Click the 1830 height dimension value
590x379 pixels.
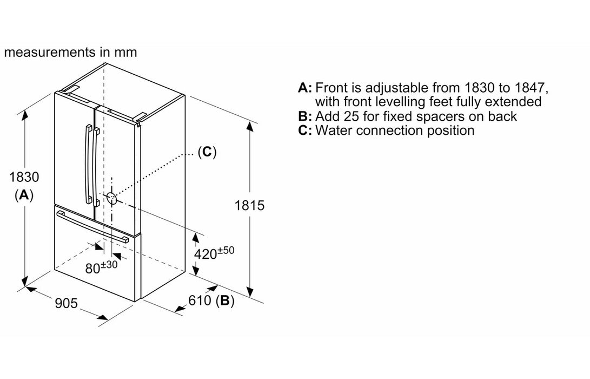pos(24,177)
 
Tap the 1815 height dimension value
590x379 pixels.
pos(249,206)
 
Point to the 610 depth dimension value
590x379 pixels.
pos(201,302)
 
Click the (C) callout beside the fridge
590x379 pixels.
pos(207,152)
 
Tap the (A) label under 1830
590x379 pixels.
pos(24,195)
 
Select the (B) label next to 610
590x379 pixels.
pos(225,302)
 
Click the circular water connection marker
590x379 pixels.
pos(111,198)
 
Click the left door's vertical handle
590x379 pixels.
pos(85,162)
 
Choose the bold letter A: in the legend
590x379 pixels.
pos(305,88)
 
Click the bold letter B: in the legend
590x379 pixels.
pos(305,116)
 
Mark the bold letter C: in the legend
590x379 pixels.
pos(305,130)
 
